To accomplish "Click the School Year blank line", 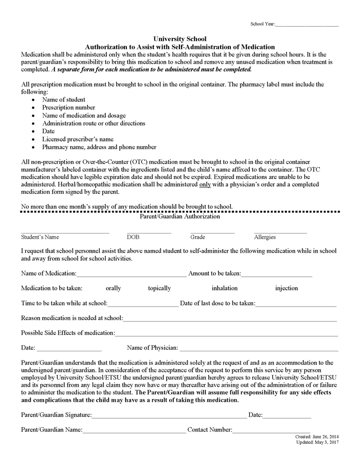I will (x=307, y=25).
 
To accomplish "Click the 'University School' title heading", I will (x=180, y=39).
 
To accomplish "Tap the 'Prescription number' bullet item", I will (x=68, y=107).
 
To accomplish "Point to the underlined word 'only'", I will (x=205, y=184).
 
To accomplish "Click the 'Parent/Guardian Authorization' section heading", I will (x=180, y=217).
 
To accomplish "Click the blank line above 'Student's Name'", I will (x=65, y=232).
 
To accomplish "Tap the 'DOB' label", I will (x=133, y=237).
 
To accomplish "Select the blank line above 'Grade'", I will (x=212, y=232).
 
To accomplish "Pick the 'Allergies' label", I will (x=265, y=237).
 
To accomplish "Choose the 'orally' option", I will (x=113, y=288).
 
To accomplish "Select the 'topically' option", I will (x=159, y=288).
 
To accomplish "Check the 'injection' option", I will (x=286, y=288).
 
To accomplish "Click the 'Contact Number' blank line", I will (x=271, y=431).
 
